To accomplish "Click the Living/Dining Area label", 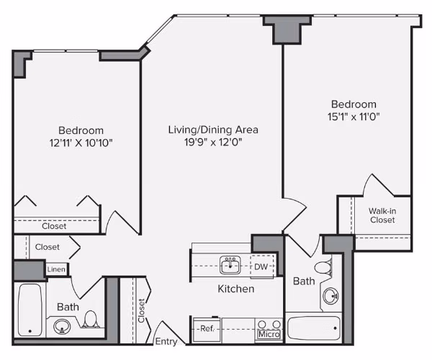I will [x=213, y=130].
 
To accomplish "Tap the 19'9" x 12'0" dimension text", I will [x=213, y=143].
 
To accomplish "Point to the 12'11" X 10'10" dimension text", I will [x=81, y=143].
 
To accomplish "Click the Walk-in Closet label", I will [x=382, y=215].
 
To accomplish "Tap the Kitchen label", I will [x=236, y=289].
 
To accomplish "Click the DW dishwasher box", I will [x=261, y=266].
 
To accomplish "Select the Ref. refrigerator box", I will [x=207, y=328].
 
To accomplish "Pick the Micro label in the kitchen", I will [x=269, y=335].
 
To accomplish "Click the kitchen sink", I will [x=230, y=266].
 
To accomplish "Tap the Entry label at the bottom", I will [x=166, y=341].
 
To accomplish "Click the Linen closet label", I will [x=56, y=269].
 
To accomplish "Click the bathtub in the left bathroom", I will [x=30, y=310].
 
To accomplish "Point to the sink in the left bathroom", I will [x=60, y=327].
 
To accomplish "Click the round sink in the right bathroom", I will [x=330, y=295].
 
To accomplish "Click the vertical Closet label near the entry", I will [x=141, y=310].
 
